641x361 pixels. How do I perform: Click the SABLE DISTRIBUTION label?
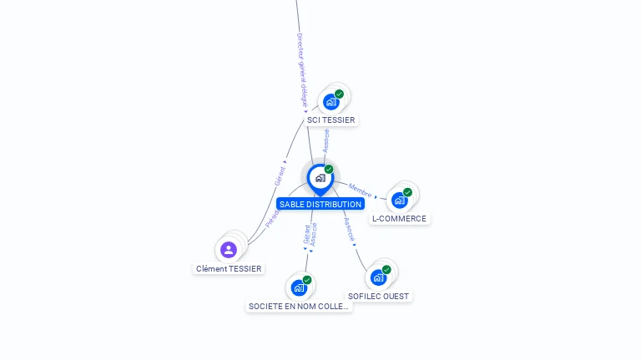[320, 204]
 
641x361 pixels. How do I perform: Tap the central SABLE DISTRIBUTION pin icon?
[320, 178]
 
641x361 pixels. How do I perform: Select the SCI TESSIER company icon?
[331, 102]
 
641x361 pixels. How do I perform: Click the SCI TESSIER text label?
[331, 120]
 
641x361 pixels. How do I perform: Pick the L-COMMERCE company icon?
[400, 200]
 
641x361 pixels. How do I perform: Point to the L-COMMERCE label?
[399, 219]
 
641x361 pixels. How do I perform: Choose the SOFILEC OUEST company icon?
[379, 277]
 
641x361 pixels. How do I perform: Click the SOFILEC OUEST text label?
[380, 297]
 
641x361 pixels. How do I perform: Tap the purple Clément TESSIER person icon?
[229, 249]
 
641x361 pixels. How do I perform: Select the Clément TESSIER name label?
[229, 269]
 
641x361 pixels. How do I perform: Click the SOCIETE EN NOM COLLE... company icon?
[299, 287]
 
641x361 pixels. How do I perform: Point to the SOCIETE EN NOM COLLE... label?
[300, 307]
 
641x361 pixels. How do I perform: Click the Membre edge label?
[361, 191]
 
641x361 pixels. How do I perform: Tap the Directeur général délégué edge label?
[302, 70]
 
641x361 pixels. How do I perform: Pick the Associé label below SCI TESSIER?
[326, 140]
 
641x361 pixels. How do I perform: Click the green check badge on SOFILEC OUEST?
[386, 270]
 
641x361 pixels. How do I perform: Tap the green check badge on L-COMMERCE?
[407, 192]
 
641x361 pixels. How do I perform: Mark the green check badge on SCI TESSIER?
[339, 94]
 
